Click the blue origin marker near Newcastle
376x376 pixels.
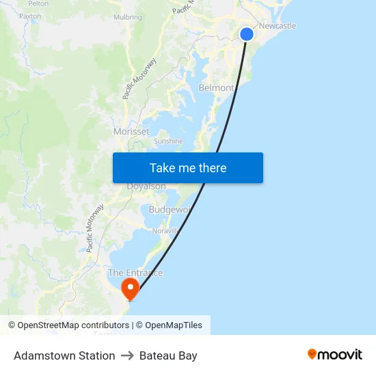(247, 34)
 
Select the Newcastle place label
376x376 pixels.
(278, 26)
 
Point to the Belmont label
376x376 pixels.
(215, 88)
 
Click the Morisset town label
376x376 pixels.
(131, 131)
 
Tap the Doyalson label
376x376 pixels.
(146, 187)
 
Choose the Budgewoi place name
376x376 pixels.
(168, 209)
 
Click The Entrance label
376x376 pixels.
(135, 273)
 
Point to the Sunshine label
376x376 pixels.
(168, 142)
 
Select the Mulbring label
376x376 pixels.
(128, 17)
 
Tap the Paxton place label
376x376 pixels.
(30, 16)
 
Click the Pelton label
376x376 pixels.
(38, 3)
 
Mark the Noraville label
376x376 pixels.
(165, 231)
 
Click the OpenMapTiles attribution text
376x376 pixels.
(174, 325)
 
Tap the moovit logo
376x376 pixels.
(335, 354)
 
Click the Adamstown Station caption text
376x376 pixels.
(64, 355)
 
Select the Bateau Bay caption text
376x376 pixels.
(168, 355)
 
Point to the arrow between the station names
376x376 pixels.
(127, 355)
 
